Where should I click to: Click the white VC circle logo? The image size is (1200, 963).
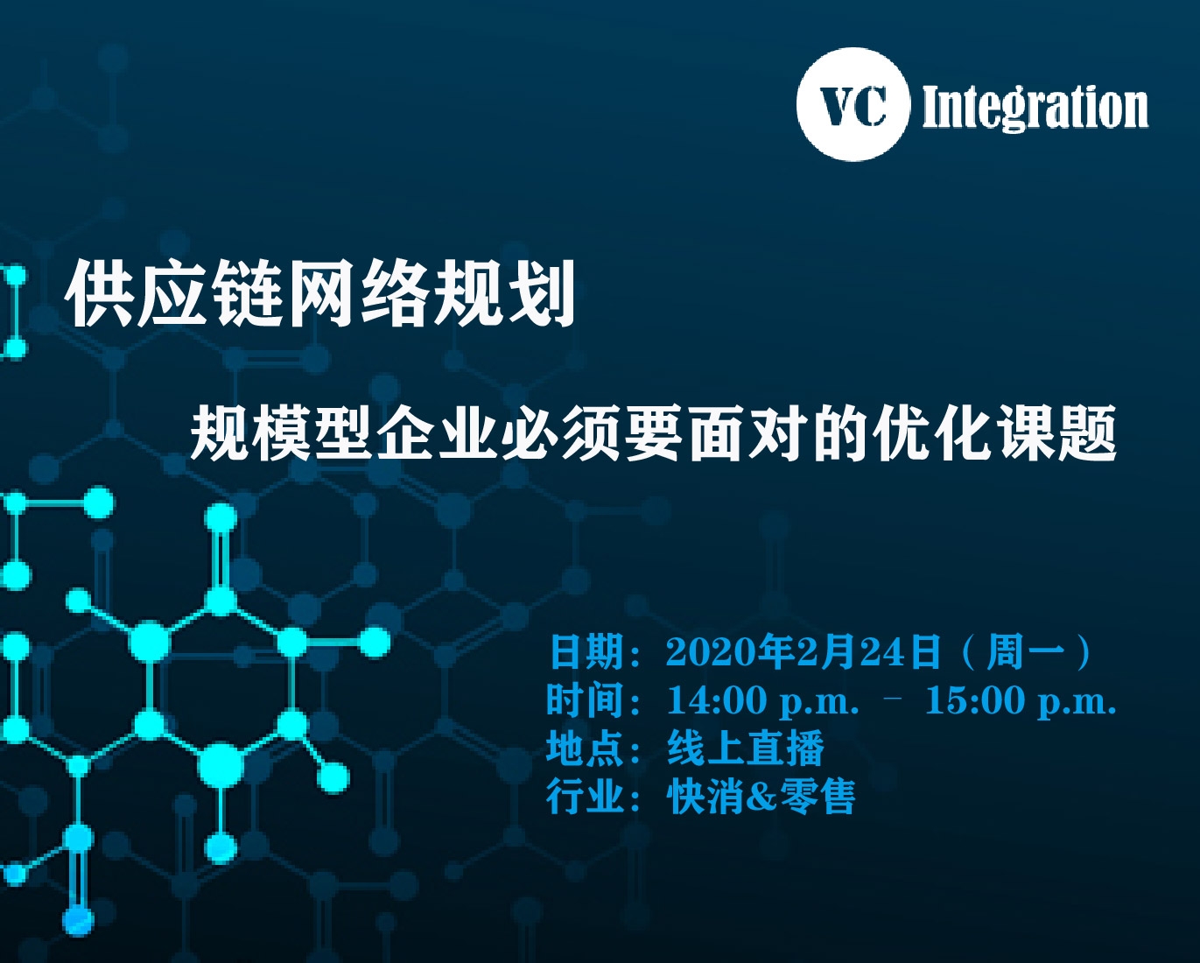[x=853, y=105]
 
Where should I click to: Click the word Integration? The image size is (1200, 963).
[x=1035, y=108]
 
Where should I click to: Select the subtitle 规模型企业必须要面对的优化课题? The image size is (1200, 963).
[x=653, y=432]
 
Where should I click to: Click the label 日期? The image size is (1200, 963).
[x=586, y=652]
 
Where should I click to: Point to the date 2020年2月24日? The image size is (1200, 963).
[x=804, y=651]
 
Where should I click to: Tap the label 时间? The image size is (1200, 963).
[x=585, y=699]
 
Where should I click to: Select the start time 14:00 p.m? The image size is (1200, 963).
[x=763, y=701]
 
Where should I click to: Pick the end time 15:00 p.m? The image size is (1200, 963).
[x=1021, y=701]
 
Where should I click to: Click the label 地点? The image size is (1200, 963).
[x=585, y=749]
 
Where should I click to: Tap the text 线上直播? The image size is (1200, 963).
[x=746, y=749]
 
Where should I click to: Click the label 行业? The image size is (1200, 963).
[x=585, y=797]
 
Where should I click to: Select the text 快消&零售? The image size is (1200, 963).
[x=761, y=797]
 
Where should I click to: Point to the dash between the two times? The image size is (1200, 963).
[x=894, y=696]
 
